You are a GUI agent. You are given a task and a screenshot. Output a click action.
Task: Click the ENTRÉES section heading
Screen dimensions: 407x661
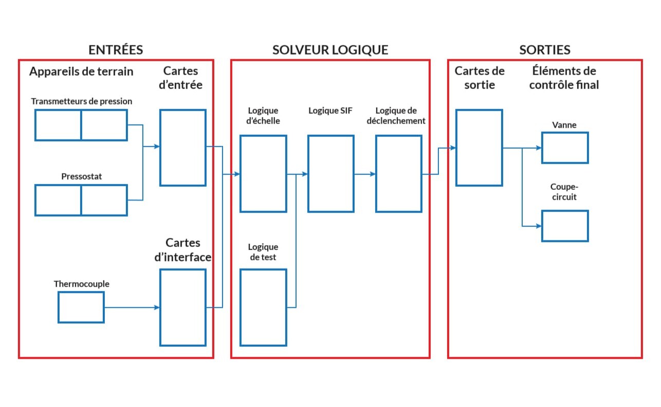(x=115, y=50)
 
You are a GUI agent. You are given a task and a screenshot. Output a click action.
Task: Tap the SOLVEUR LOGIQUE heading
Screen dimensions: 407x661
(x=330, y=50)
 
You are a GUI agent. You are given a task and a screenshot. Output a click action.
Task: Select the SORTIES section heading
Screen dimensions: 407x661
(x=544, y=50)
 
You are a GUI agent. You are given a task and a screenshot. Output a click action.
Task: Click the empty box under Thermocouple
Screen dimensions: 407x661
(x=81, y=307)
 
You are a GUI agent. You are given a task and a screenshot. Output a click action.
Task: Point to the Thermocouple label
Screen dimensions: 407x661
(x=82, y=284)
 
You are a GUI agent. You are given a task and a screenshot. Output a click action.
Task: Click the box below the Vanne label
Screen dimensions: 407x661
(x=565, y=148)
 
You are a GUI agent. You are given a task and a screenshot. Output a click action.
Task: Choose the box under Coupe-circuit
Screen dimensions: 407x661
(x=565, y=226)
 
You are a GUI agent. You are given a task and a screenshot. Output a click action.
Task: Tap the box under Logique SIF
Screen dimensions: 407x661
(x=331, y=174)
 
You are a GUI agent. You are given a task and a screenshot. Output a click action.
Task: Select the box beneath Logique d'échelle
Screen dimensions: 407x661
(x=263, y=174)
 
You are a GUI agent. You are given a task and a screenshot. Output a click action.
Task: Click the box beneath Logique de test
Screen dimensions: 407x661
(x=263, y=307)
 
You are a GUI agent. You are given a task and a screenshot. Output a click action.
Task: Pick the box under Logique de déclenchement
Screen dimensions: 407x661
(x=399, y=174)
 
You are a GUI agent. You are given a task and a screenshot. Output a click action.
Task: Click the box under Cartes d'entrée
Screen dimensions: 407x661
(x=183, y=148)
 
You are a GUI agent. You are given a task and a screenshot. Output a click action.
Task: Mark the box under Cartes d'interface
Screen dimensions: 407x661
(x=183, y=307)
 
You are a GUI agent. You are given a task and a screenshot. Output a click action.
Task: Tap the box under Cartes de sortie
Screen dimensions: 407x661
(x=479, y=148)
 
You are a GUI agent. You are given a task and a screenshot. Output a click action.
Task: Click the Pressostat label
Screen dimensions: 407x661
(x=82, y=176)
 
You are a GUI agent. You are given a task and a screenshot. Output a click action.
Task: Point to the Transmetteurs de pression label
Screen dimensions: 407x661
(x=82, y=101)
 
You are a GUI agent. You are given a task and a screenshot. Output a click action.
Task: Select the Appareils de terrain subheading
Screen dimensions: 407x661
(x=81, y=72)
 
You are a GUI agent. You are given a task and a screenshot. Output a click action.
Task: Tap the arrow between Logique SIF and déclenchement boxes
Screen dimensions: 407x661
(x=365, y=174)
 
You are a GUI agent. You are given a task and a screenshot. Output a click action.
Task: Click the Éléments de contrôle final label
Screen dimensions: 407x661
(x=564, y=78)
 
